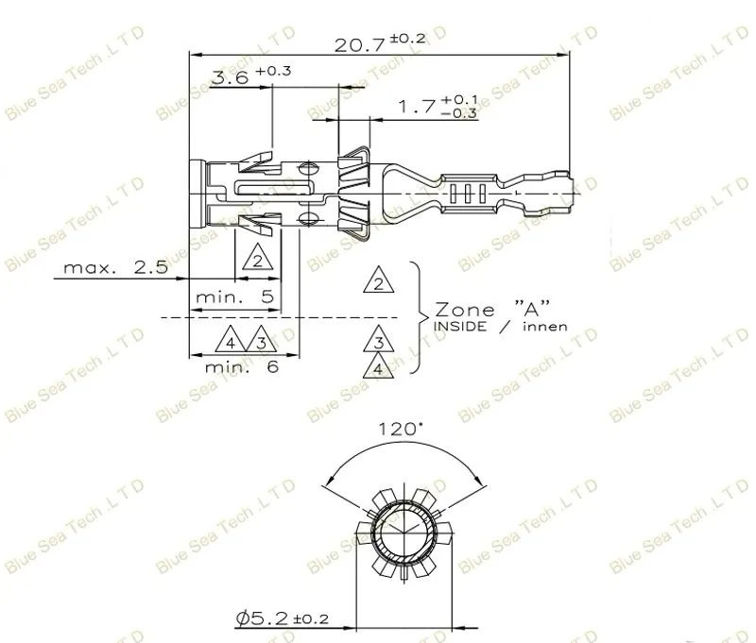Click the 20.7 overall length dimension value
point(359,45)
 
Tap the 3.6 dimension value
point(230,77)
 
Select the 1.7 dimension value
point(417,107)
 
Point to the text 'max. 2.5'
point(115,267)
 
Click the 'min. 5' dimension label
point(234,296)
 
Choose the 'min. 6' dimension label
point(242,367)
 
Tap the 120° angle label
point(401,429)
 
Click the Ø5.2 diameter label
point(283,618)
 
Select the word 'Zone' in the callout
point(465,310)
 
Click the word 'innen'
point(545,327)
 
